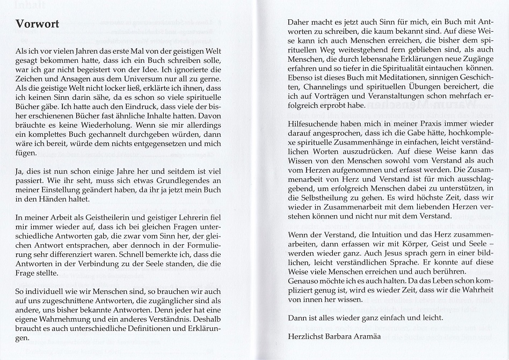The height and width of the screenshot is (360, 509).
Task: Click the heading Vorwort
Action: (x=37, y=24)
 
